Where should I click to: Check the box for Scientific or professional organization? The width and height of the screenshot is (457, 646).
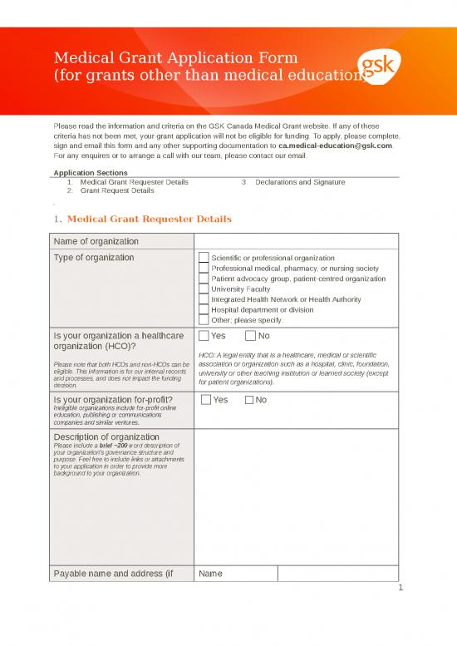point(204,258)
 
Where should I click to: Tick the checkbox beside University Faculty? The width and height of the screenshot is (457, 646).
point(204,289)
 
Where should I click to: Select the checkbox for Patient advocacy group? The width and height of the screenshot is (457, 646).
point(204,279)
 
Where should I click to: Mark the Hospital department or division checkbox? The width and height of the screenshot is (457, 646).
point(204,310)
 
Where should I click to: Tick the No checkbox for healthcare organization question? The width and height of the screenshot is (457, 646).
point(251,336)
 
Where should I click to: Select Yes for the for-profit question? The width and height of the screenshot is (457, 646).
point(206,400)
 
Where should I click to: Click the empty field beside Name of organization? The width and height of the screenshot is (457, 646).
point(296,241)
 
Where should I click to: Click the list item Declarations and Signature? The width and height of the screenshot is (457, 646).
point(299,181)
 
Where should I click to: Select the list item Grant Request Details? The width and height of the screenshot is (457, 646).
point(116,190)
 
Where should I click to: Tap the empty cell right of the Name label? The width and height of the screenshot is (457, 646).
point(337,574)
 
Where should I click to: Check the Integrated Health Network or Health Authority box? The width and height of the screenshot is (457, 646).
point(204,299)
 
